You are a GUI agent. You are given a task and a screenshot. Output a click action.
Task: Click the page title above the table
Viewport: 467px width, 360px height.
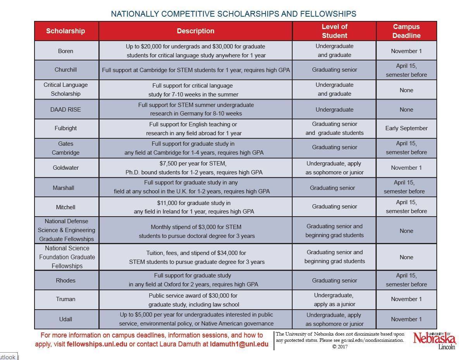coord(233,14)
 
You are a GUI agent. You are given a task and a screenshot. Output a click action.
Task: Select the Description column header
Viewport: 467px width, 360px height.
coord(195,31)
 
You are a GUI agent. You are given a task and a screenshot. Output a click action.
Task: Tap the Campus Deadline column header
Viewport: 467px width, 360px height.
coord(406,31)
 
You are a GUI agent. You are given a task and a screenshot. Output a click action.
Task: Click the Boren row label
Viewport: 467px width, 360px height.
coord(65,51)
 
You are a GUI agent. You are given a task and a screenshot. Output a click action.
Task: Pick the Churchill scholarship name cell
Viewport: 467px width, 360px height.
coord(65,70)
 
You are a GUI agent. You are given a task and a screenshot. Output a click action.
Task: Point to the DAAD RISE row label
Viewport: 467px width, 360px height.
coord(65,110)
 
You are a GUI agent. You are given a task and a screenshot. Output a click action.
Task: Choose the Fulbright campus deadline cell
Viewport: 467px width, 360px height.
coord(406,128)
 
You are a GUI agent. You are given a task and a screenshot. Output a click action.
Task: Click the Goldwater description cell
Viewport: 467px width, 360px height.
coord(195,168)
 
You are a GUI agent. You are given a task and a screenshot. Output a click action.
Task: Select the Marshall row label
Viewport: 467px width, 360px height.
coord(64,188)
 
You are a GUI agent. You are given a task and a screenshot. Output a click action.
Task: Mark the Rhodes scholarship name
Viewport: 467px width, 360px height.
coord(65,281)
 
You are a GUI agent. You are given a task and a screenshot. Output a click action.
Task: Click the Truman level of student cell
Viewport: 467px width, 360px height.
coord(334,300)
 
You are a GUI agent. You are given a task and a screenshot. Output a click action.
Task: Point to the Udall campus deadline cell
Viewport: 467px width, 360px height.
coord(406,319)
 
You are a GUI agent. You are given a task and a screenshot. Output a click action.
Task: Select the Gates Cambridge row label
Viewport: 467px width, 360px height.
coord(65,148)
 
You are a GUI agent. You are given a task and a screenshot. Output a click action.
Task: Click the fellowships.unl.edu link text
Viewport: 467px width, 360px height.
coord(97,344)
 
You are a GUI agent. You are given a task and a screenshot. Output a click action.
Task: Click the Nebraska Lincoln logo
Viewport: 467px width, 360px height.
coord(434,340)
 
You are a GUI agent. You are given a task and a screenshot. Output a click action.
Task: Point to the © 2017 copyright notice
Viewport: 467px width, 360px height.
coord(340,346)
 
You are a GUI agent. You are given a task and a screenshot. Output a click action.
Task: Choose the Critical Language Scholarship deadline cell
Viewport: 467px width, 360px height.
coord(406,90)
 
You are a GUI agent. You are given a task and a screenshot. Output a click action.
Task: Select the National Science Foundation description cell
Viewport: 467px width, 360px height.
coord(196,257)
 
